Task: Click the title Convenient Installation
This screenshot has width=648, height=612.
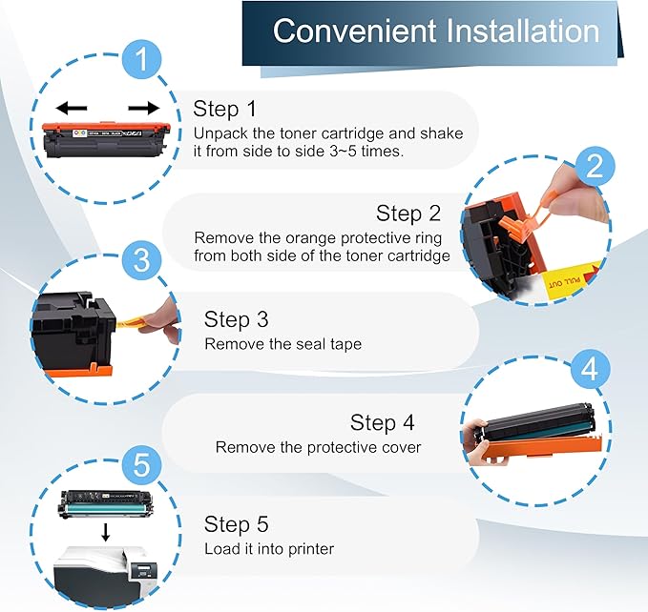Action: point(436,31)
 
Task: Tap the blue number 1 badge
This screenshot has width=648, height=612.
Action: point(141,59)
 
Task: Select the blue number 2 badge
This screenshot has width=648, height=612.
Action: point(595,166)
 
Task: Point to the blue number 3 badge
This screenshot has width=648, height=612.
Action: point(141,260)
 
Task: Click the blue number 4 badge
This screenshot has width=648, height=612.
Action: point(590,369)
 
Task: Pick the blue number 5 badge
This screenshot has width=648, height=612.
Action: point(141,464)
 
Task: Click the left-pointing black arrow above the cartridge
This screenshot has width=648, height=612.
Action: point(72,108)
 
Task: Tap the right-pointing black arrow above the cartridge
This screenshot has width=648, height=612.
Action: point(144,108)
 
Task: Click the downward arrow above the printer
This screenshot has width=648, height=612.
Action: point(106,532)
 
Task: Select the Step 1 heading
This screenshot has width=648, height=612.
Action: point(224,109)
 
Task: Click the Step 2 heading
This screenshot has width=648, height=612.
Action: point(408,214)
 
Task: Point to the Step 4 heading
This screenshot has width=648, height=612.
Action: point(382,422)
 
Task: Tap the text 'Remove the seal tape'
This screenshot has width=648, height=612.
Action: point(283,344)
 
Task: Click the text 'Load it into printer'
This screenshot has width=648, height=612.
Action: point(269,549)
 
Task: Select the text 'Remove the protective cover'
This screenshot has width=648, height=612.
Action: point(318,447)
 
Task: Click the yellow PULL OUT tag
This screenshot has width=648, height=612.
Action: point(572,280)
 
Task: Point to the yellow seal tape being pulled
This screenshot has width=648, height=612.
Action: point(131,321)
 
